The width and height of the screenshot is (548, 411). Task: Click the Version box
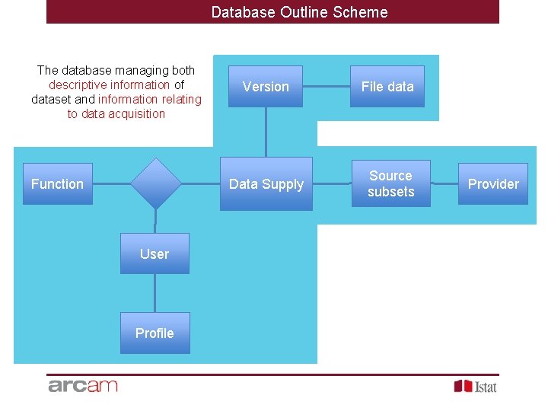[x=266, y=87]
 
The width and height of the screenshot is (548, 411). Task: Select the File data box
[x=387, y=87]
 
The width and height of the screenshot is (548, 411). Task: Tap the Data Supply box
[x=266, y=183]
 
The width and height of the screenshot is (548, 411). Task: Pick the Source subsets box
[x=390, y=183]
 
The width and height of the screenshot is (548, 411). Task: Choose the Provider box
[x=492, y=183]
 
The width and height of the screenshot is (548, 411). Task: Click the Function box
[x=57, y=183]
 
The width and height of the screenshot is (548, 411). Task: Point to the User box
[x=155, y=253]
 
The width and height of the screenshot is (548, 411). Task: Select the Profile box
[x=155, y=333]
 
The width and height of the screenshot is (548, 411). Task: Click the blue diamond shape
[x=155, y=183]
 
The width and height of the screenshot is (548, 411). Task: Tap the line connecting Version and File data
[x=327, y=87]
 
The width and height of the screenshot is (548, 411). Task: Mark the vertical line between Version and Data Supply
[x=266, y=132]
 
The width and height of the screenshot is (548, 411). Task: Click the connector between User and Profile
[x=155, y=293]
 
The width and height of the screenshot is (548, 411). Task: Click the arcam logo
[x=83, y=385]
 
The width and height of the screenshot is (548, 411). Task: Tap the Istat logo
[x=476, y=386]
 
